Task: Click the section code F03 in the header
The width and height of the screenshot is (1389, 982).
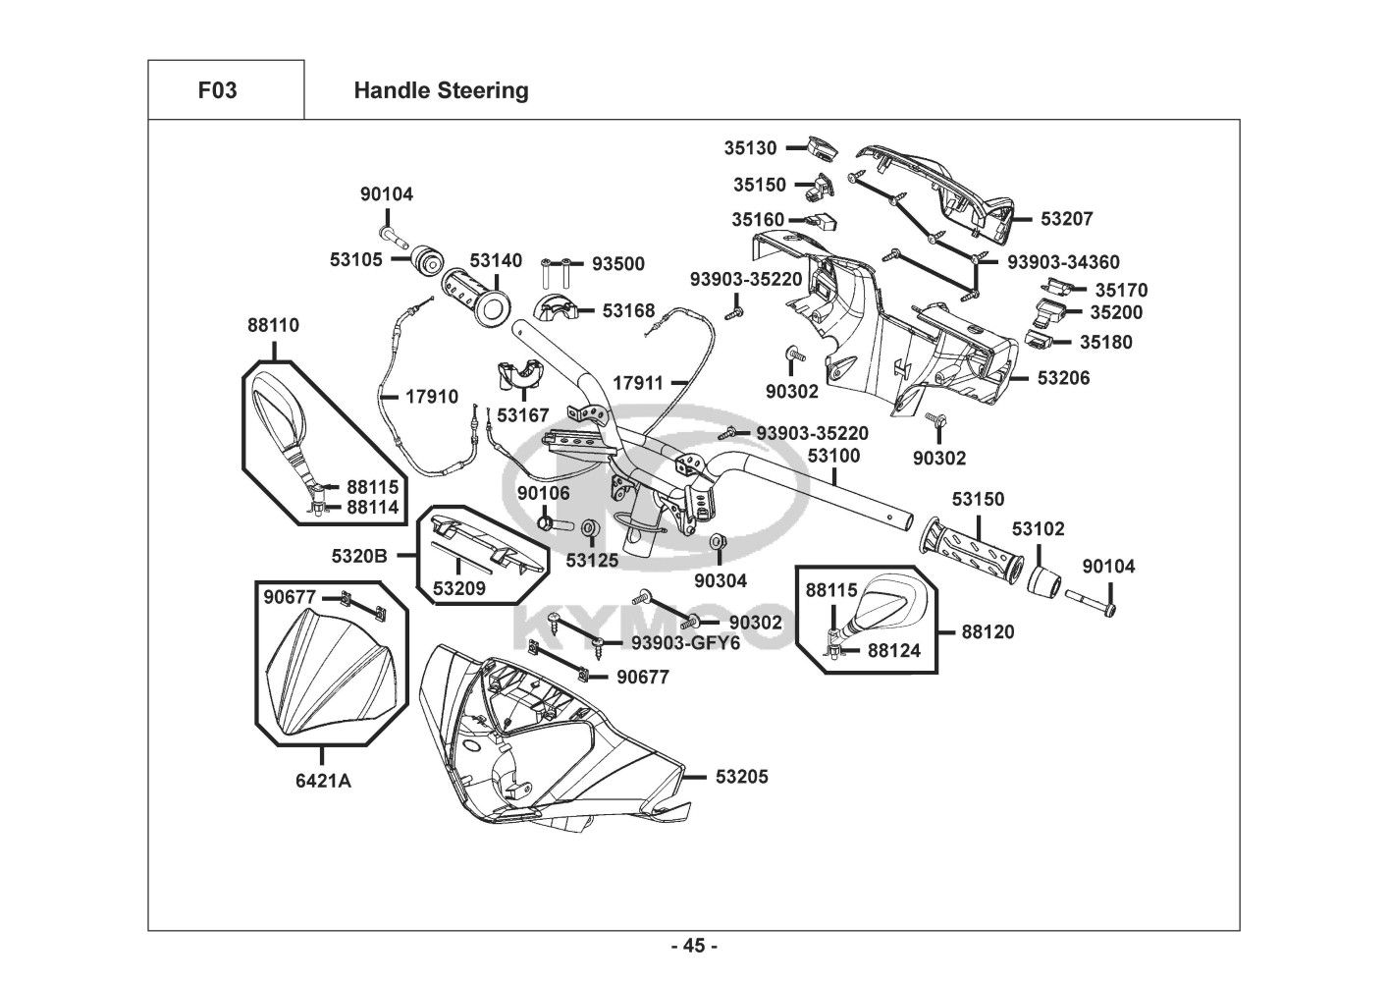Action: pyautogui.click(x=217, y=90)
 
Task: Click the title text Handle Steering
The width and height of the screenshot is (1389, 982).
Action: pyautogui.click(x=441, y=90)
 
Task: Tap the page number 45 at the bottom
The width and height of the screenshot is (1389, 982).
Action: pyautogui.click(x=694, y=946)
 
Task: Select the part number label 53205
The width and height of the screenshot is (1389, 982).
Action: pyautogui.click(x=741, y=777)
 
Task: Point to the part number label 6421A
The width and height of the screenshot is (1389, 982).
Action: pyautogui.click(x=325, y=781)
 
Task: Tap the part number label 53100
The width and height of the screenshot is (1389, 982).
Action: pyautogui.click(x=833, y=456)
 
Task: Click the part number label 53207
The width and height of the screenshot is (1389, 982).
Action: pyautogui.click(x=1066, y=219)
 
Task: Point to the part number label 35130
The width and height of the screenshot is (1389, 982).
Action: pyautogui.click(x=750, y=148)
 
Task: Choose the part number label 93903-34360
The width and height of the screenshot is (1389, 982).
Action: pyautogui.click(x=1063, y=262)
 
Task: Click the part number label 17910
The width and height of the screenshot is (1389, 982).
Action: pyautogui.click(x=432, y=397)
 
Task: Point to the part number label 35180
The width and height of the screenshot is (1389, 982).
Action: pyautogui.click(x=1105, y=343)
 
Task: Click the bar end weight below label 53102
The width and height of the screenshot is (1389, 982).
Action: pyautogui.click(x=1043, y=579)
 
